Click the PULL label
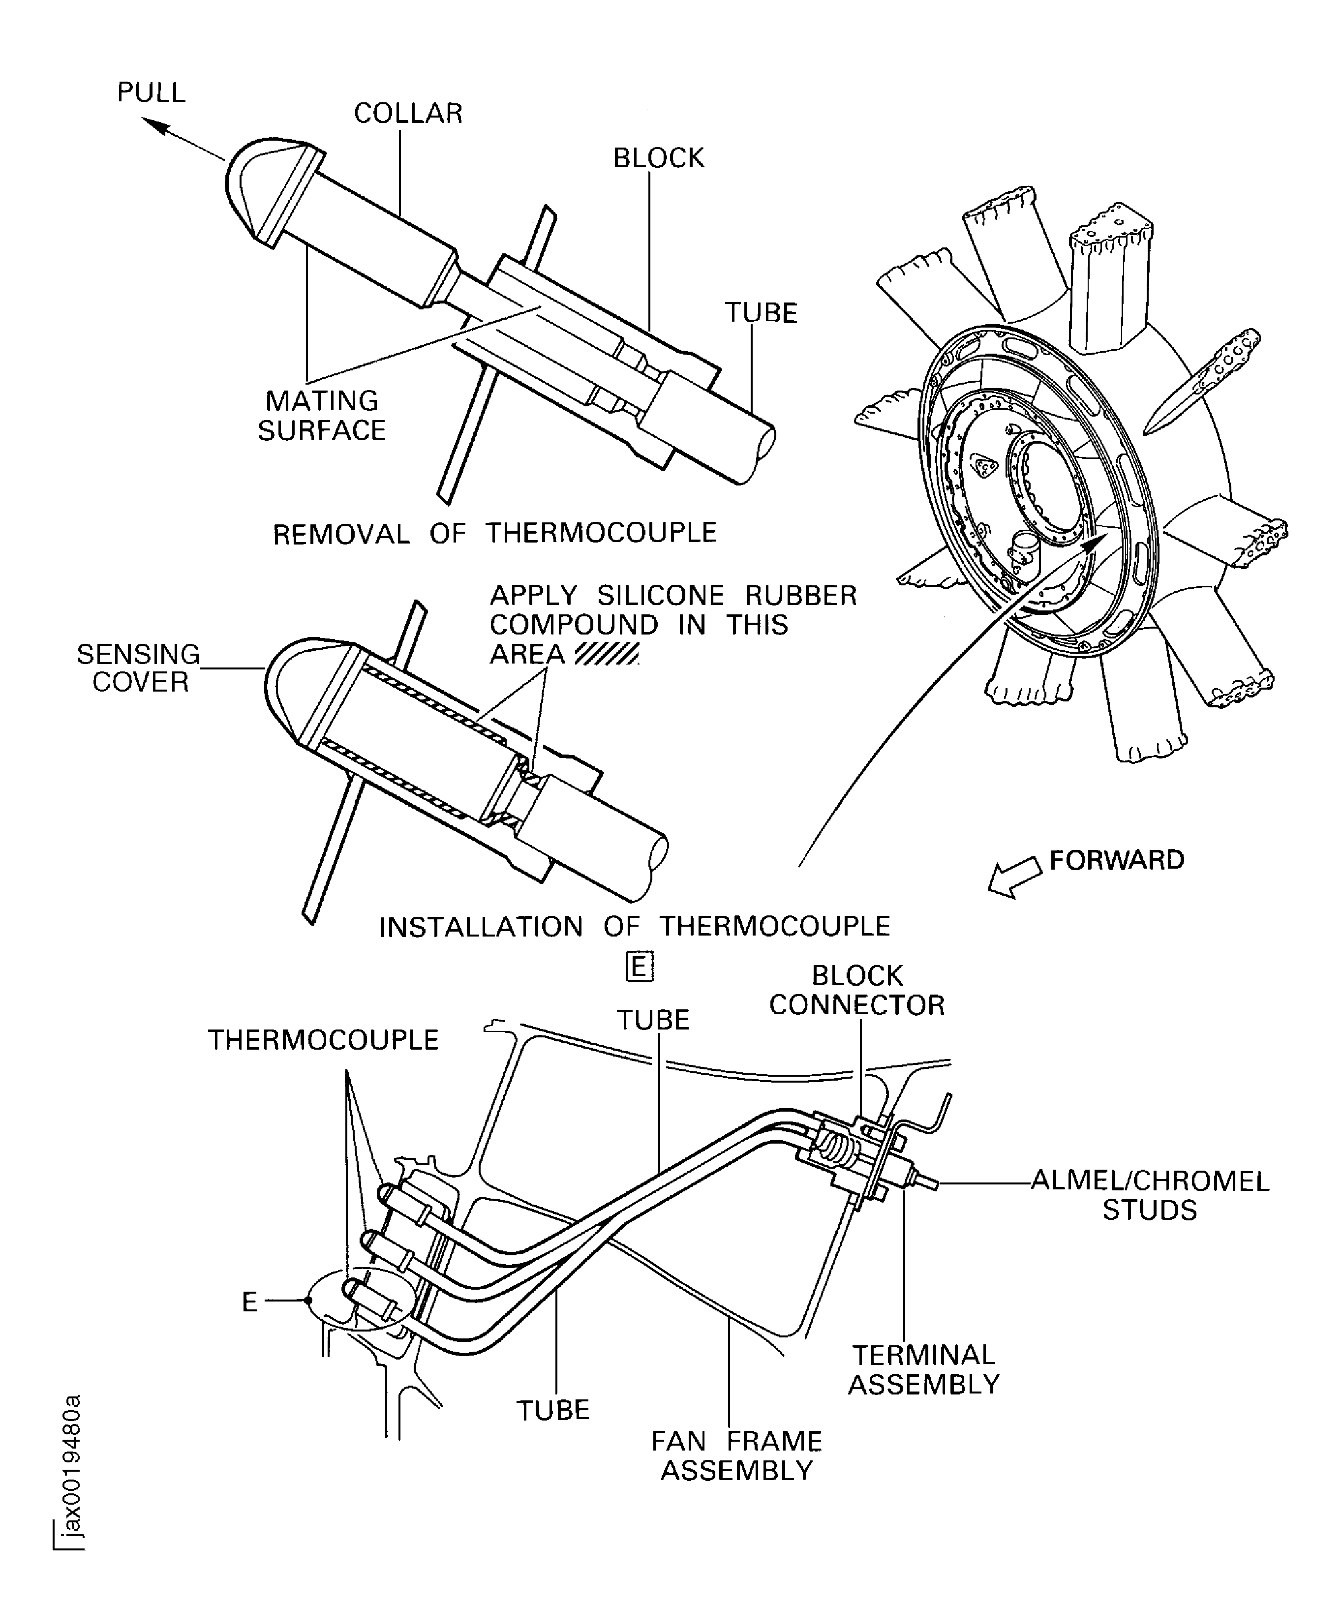pyautogui.click(x=152, y=92)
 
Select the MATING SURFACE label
pyautogui.click(x=322, y=415)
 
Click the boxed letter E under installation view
pyautogui.click(x=639, y=967)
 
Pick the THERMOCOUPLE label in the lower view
pyautogui.click(x=323, y=1040)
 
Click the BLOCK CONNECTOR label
pyautogui.click(x=857, y=991)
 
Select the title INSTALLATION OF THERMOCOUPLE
pyautogui.click(x=635, y=926)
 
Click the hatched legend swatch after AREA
pyautogui.click(x=606, y=654)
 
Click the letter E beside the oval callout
pyautogui.click(x=249, y=1302)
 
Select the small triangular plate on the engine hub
pyautogui.click(x=984, y=465)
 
